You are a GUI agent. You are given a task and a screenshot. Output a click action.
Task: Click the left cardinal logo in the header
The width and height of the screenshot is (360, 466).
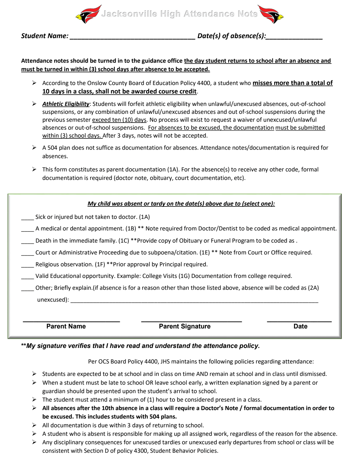(88, 14)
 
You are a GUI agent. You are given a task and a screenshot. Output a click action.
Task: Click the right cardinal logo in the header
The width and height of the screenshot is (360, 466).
(271, 14)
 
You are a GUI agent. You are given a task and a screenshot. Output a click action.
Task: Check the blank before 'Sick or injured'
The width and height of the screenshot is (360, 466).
(27, 219)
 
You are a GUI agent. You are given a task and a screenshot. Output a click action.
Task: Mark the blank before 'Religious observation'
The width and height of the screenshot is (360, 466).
(27, 266)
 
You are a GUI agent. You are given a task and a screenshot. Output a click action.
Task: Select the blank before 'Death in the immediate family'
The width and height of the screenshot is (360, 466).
(27, 242)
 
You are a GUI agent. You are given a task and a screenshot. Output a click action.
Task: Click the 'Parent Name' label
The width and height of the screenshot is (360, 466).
(66, 326)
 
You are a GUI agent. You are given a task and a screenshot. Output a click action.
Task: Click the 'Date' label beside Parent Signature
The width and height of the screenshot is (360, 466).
(300, 326)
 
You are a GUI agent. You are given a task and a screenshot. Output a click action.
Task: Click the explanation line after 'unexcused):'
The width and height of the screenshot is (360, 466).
(194, 302)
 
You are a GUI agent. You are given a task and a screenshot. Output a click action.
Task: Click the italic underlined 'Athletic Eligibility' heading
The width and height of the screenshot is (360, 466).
(66, 104)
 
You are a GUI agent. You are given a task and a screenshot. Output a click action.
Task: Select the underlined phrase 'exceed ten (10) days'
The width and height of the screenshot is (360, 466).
(119, 120)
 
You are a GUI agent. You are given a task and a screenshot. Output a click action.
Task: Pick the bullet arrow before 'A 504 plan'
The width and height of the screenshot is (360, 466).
(34, 147)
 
